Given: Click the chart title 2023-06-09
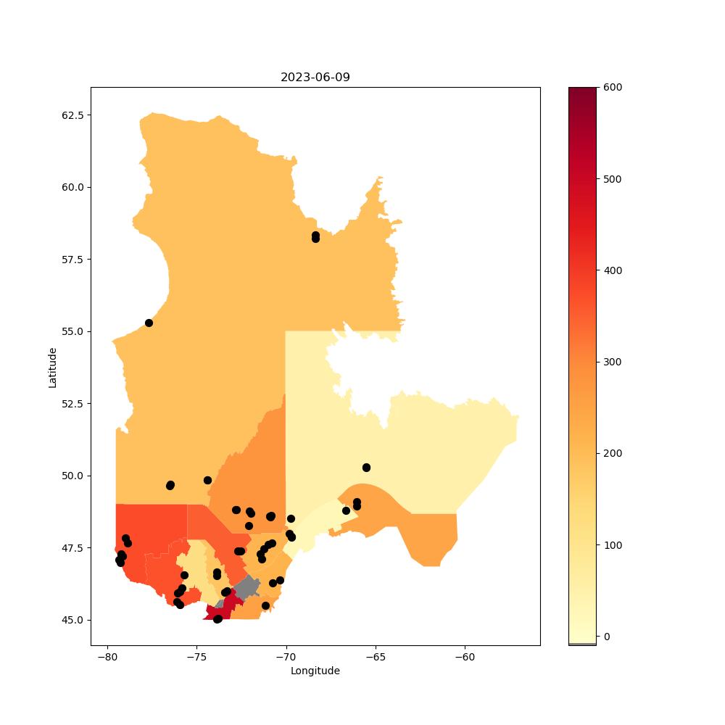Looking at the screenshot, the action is [315, 78].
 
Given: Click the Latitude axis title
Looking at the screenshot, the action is [52, 368].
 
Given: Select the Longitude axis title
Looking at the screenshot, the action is [315, 671].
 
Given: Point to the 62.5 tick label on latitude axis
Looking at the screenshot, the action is [73, 115].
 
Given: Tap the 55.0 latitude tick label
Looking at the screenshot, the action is [73, 331].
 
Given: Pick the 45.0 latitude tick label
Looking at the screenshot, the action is [73, 620].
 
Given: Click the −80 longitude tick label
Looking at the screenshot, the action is [108, 658].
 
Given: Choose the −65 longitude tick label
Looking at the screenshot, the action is [376, 658].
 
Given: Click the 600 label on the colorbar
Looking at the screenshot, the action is [613, 88].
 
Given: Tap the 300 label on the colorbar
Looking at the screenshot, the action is [613, 362].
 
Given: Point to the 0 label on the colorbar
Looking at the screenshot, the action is [607, 637].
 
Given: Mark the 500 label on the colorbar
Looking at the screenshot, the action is [613, 179].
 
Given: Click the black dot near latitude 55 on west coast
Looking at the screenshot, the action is [149, 323].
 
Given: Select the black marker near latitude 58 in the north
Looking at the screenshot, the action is [316, 237].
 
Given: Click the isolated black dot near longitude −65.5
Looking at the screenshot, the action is [367, 468].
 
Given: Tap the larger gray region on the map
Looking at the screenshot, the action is [246, 587].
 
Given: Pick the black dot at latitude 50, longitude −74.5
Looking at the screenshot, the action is [207, 481].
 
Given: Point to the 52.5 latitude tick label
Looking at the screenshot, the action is [73, 404].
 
